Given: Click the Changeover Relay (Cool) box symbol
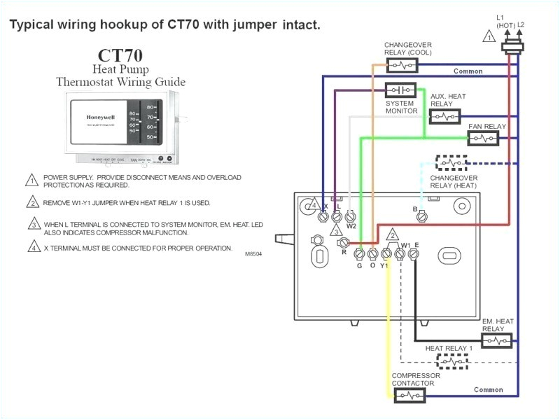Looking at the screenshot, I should pyautogui.click(x=402, y=65).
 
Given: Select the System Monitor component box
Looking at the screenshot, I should pyautogui.click(x=400, y=90).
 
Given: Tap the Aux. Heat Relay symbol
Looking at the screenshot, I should pyautogui.click(x=445, y=116).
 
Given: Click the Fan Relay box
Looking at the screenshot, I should pyautogui.click(x=483, y=138).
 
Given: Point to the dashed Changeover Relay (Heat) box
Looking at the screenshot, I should pyautogui.click(x=451, y=163).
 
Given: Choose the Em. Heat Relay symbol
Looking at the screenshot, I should pyautogui.click(x=496, y=341).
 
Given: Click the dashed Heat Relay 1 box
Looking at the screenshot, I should pyautogui.click(x=451, y=361).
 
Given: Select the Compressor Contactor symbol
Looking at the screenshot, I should pyautogui.click(x=409, y=395).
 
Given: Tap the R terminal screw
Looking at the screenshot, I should pyautogui.click(x=343, y=242).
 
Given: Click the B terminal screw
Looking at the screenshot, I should pyautogui.click(x=422, y=218).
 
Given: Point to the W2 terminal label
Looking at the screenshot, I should pyautogui.click(x=351, y=226).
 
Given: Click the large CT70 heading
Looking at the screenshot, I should pyautogui.click(x=121, y=55).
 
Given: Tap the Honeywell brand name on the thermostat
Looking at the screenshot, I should pyautogui.click(x=101, y=117).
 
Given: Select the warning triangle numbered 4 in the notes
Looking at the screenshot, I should pyautogui.click(x=33, y=246).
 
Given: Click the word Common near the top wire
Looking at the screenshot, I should pyautogui.click(x=468, y=71).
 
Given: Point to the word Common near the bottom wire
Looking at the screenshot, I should pyautogui.click(x=488, y=390).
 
